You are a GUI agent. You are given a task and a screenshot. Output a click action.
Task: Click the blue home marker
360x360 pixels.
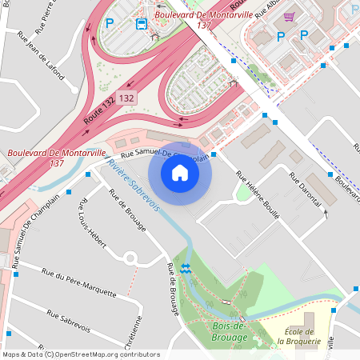point(180,172)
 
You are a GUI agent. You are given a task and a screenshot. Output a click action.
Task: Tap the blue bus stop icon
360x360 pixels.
point(142,23)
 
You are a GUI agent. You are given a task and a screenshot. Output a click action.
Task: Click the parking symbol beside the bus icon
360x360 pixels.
point(110,23)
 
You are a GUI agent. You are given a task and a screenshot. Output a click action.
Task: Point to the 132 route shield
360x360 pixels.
point(126,98)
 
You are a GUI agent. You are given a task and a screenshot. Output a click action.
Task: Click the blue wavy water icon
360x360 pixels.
point(186,269)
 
